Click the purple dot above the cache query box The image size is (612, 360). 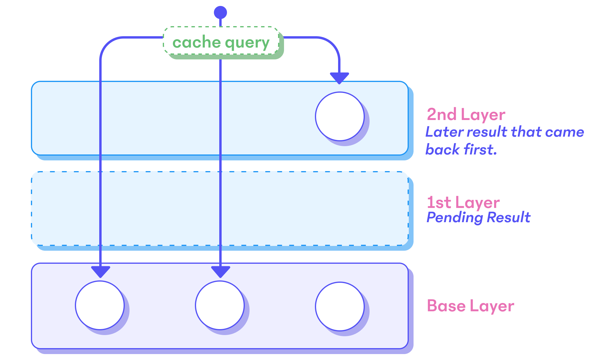click(x=220, y=12)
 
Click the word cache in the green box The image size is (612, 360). click(x=196, y=42)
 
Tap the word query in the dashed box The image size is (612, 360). click(x=247, y=43)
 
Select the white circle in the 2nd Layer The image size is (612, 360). click(x=340, y=116)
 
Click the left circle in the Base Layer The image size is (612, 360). click(x=100, y=305)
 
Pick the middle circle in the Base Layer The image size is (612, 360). click(x=220, y=305)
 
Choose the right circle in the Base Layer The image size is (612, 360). click(x=340, y=306)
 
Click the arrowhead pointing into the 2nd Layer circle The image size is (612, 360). click(x=339, y=78)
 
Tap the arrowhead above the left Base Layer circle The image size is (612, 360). click(x=100, y=271)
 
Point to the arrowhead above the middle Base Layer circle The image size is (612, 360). click(x=220, y=271)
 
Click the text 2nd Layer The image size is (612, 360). click(x=466, y=115)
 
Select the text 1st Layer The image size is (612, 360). click(x=463, y=203)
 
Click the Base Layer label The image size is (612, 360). click(x=470, y=306)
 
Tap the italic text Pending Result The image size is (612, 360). click(x=478, y=217)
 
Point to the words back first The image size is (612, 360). click(x=461, y=149)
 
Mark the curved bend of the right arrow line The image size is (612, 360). click(x=333, y=45)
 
